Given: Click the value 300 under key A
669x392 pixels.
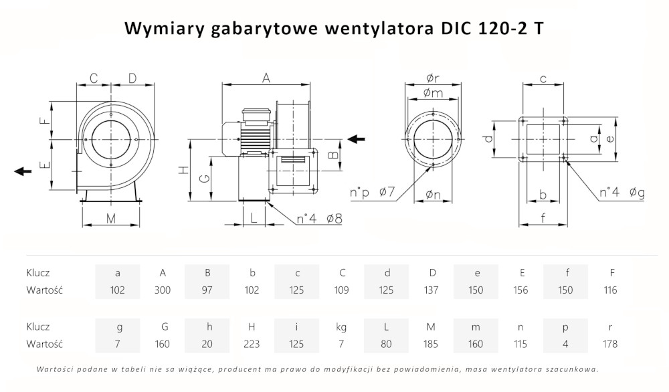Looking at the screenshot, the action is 162,290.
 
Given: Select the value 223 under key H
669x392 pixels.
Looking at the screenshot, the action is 252,344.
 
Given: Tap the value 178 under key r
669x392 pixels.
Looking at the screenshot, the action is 610,344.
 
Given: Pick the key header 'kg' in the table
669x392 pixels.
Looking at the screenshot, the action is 341,327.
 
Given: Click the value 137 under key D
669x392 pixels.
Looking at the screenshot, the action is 431,290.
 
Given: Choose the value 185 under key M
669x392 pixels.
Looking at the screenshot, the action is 431,344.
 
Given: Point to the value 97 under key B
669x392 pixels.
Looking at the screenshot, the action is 207,290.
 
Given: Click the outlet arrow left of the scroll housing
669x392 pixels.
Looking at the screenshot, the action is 23,171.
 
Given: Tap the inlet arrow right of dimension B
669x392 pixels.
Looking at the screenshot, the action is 357,138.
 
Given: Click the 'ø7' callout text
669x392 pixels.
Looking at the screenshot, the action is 387,193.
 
